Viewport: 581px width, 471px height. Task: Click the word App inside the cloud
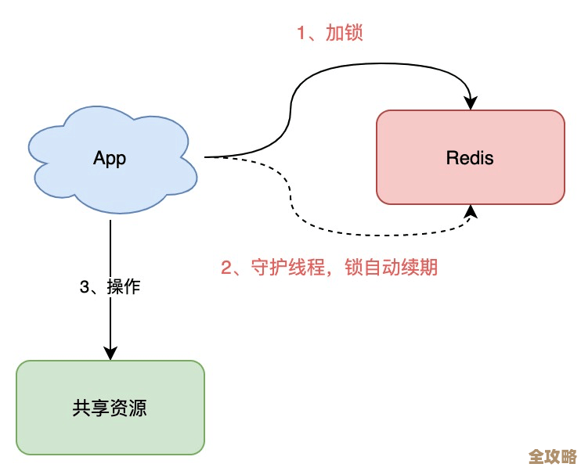point(110,158)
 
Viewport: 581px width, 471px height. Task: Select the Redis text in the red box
point(470,157)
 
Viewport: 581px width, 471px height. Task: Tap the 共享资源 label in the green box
point(110,408)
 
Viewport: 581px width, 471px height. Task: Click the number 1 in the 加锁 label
point(300,33)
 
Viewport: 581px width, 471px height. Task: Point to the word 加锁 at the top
point(345,33)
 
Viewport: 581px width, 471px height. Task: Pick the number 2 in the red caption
point(226,268)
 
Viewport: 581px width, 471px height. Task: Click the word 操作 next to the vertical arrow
point(124,287)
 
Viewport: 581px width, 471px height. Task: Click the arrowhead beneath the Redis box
point(471,211)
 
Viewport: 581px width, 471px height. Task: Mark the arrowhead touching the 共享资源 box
point(110,353)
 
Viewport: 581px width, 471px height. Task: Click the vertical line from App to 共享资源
point(110,250)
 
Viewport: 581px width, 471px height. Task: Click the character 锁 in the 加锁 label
point(355,33)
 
